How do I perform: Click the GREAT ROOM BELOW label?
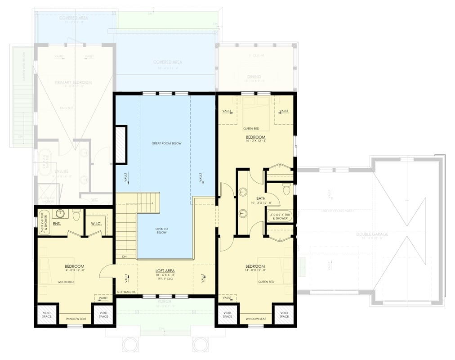(x=166, y=143)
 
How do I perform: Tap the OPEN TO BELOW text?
(x=161, y=230)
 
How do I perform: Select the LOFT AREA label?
(x=165, y=271)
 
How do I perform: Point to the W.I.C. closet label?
(x=98, y=223)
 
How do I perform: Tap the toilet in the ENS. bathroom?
(x=76, y=216)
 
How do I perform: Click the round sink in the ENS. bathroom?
(x=61, y=214)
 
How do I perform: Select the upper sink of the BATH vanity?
(x=243, y=192)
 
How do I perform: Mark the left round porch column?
(x=130, y=345)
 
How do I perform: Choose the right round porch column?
(x=199, y=345)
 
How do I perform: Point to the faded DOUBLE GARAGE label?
(x=373, y=234)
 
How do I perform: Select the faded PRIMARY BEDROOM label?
(x=73, y=82)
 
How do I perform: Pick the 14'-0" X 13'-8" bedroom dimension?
(x=255, y=141)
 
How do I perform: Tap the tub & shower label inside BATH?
(x=280, y=216)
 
